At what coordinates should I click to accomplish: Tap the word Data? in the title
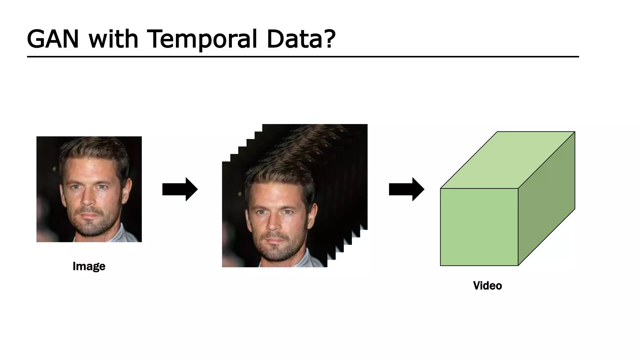(301, 39)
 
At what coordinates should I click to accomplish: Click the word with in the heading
(113, 39)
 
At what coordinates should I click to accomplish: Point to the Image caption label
(89, 266)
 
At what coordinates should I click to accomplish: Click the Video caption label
(487, 286)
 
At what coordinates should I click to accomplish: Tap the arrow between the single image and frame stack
(180, 189)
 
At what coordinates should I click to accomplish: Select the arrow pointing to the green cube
(406, 189)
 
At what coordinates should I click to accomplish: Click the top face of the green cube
(508, 160)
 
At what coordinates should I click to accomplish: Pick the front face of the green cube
(479, 227)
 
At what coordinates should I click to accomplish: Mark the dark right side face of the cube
(547, 199)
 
